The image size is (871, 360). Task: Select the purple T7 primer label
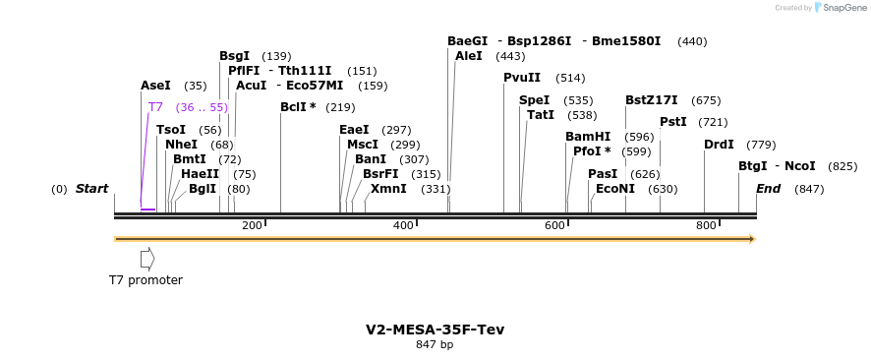click(155, 107)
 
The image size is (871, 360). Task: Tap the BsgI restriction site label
click(234, 56)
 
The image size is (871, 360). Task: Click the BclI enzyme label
click(298, 107)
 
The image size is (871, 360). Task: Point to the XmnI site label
click(388, 189)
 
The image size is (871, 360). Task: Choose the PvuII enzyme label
click(522, 78)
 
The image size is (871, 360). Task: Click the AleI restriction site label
click(469, 56)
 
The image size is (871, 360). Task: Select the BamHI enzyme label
click(588, 137)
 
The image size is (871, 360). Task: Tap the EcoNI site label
click(615, 189)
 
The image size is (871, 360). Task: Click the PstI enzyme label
click(673, 122)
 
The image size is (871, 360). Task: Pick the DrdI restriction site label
click(719, 145)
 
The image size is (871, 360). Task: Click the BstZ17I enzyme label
click(652, 100)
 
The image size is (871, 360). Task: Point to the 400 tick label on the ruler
click(403, 226)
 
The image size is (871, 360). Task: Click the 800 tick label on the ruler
click(706, 226)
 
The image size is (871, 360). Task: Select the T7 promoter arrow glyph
click(147, 259)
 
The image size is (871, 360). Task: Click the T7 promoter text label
click(145, 280)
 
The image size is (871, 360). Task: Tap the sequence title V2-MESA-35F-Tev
click(435, 330)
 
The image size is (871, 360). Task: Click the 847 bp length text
click(435, 345)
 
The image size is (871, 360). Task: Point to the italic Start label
click(91, 189)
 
